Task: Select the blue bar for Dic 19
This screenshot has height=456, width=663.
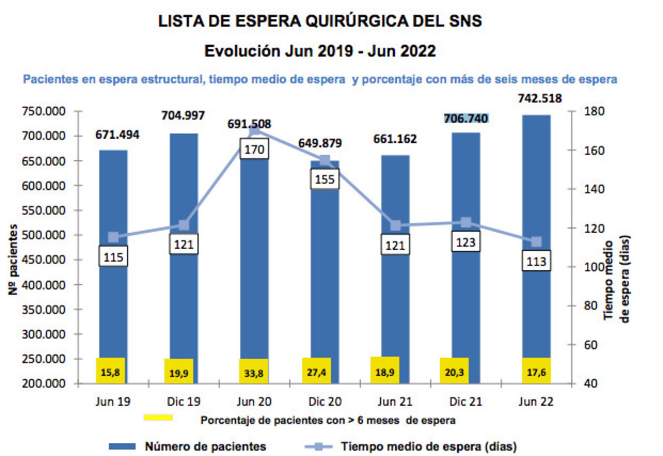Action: click(183, 311)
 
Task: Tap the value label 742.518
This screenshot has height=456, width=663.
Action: click(539, 98)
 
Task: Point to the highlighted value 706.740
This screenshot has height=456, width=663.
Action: click(466, 118)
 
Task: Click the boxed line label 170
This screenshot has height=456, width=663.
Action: click(254, 150)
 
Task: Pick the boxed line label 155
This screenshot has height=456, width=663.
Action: click(325, 179)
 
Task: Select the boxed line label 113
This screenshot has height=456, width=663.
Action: click(536, 261)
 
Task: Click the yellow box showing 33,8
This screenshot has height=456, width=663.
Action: click(254, 372)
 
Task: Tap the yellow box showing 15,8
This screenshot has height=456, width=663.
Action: click(110, 372)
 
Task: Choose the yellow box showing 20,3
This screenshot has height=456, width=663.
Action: click(454, 372)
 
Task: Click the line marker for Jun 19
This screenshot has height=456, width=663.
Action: click(113, 237)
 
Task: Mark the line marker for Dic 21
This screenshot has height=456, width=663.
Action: click(466, 223)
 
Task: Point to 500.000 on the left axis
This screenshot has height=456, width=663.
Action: click(44, 235)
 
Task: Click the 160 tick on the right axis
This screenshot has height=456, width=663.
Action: click(595, 150)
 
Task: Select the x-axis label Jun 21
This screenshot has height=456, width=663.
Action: click(395, 402)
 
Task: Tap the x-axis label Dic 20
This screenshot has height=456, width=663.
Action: click(325, 402)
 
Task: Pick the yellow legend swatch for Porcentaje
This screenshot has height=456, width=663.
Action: click(158, 418)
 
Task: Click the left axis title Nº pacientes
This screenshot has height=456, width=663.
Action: click(13, 259)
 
